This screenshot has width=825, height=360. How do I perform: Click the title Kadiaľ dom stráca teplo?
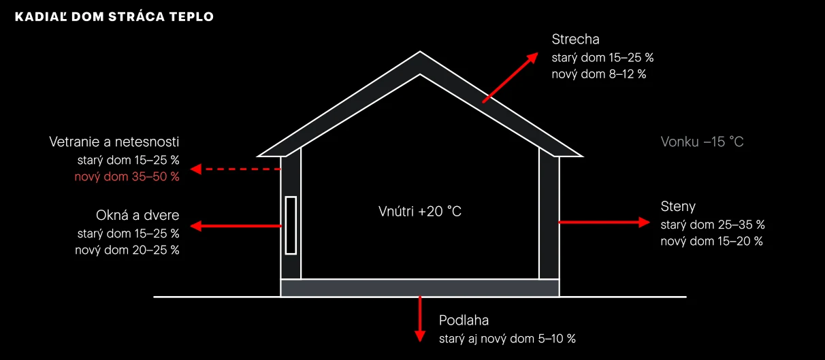click(114, 16)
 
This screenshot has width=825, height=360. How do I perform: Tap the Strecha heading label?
click(575, 39)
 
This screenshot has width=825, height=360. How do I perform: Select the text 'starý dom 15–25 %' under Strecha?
click(602, 58)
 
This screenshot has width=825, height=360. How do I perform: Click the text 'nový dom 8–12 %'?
click(599, 74)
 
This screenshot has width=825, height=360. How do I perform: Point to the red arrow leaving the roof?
click(510, 78)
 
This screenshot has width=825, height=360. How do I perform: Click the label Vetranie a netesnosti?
click(114, 142)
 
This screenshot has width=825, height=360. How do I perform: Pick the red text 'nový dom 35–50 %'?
click(127, 177)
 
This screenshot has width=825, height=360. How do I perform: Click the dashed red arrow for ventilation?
click(236, 169)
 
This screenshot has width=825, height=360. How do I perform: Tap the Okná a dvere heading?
click(137, 215)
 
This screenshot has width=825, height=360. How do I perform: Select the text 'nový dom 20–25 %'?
click(127, 250)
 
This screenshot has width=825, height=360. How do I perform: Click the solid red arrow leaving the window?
click(236, 226)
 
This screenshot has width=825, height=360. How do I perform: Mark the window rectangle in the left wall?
click(291, 225)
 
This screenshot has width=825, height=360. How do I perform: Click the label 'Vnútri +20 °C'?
click(420, 211)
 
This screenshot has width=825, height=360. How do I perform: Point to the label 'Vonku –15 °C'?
click(702, 142)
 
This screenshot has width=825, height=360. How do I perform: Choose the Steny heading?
click(678, 206)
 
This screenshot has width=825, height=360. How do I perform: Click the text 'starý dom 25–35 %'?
click(713, 225)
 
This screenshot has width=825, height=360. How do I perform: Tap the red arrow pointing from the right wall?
click(604, 222)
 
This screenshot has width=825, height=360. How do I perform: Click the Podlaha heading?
click(464, 321)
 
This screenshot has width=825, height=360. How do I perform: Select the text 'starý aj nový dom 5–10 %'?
click(507, 339)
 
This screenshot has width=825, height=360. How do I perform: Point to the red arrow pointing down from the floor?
click(420, 318)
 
